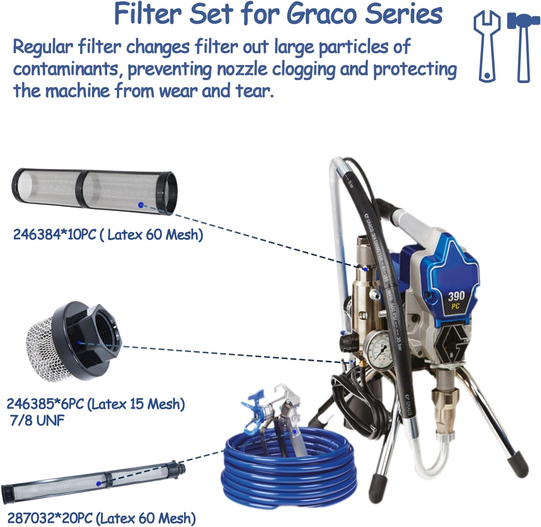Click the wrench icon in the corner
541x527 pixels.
pos(487,46)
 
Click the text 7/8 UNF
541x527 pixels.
pos(37,420)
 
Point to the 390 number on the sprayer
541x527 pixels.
pos(456,296)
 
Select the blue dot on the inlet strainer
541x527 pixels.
pos(79,343)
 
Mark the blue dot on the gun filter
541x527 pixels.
pos(98,484)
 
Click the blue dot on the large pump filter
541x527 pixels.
pos(140,205)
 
